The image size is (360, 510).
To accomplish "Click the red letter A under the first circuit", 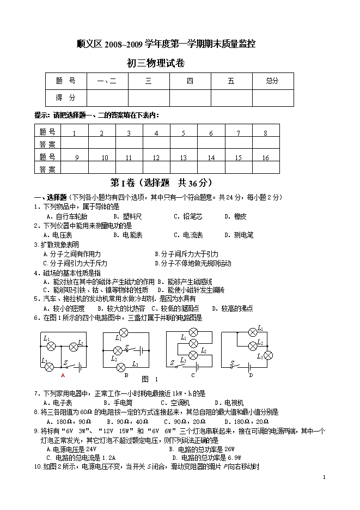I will click(x=63, y=375).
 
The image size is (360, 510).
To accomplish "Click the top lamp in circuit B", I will click(x=124, y=332).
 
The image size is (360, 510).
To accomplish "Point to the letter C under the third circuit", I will click(x=193, y=375).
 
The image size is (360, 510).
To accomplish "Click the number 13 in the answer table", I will click(x=184, y=157).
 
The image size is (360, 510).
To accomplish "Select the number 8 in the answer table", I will click(x=265, y=133).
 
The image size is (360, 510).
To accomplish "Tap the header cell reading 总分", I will click(x=272, y=81).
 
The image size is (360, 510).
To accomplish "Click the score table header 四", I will click(x=190, y=81).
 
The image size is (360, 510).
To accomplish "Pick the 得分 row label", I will click(x=66, y=98).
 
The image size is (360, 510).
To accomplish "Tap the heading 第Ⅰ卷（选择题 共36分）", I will click(x=161, y=183).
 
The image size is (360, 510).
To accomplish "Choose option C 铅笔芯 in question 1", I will click(x=188, y=216).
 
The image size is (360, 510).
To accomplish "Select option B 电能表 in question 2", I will click(x=127, y=235).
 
